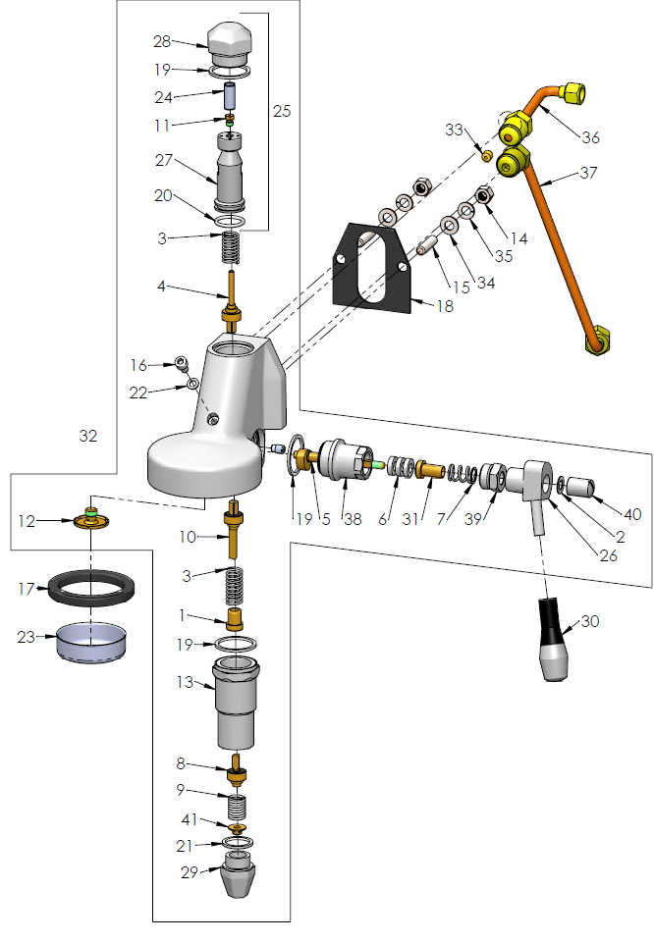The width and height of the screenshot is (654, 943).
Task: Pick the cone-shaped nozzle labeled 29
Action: [239, 876]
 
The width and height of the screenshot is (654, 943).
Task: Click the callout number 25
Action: [282, 112]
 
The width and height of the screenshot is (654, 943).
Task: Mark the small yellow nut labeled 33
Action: [485, 155]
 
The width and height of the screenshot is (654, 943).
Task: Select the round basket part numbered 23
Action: [91, 643]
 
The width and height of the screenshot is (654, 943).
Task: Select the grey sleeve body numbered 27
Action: [233, 175]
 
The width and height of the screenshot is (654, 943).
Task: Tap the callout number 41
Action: [188, 819]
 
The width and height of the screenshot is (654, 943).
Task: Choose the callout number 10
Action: [188, 537]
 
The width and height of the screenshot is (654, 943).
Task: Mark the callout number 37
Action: [588, 174]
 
